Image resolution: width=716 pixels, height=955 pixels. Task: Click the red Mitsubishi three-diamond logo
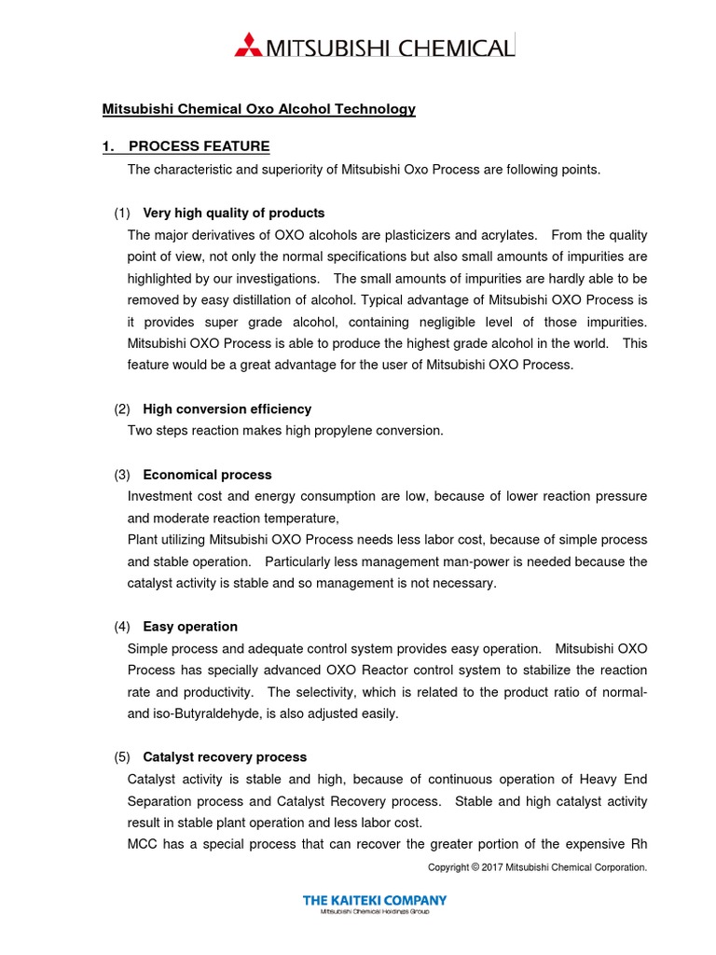250,45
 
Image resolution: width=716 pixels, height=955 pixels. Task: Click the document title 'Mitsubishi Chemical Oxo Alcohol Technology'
258,109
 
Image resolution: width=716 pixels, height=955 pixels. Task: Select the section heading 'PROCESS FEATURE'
199,146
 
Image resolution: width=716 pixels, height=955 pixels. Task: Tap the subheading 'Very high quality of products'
233,213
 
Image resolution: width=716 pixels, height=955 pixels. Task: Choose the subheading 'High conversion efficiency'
227,408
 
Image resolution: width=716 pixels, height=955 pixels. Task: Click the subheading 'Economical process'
207,475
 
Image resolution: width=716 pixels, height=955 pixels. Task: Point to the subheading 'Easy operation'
190,627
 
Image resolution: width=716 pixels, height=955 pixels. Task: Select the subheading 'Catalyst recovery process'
225,757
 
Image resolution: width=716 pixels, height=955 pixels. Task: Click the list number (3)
122,475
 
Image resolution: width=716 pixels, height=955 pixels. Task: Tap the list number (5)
122,757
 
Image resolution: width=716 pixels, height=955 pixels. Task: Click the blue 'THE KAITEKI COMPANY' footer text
375,900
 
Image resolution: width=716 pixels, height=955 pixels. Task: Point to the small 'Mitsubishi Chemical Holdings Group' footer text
375,911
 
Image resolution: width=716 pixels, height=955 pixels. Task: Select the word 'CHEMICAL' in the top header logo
457,47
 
